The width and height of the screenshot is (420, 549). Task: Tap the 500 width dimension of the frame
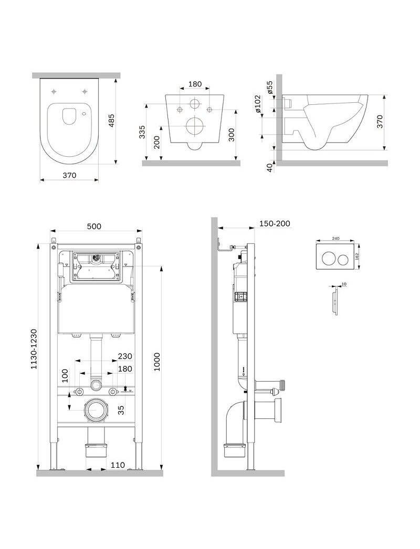[94, 226]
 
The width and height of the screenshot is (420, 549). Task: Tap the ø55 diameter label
[270, 87]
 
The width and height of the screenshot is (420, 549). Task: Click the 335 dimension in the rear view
[142, 132]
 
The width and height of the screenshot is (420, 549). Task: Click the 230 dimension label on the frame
[125, 356]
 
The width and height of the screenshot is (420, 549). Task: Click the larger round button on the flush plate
[328, 259]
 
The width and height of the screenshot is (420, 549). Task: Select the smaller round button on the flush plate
[343, 259]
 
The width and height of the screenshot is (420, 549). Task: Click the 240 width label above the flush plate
[335, 237]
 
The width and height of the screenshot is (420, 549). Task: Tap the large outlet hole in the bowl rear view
[195, 126]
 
